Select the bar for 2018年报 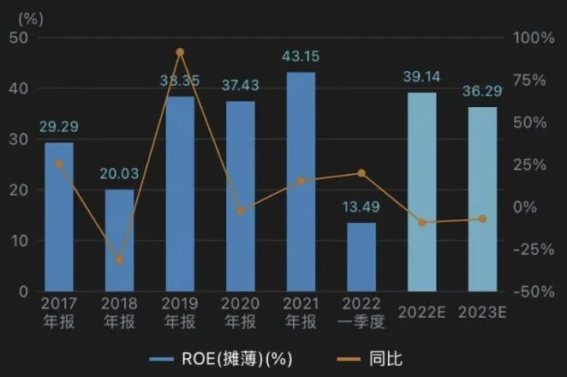pyautogui.click(x=120, y=240)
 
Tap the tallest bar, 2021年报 pyautogui.click(x=301, y=182)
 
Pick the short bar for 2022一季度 pyautogui.click(x=361, y=256)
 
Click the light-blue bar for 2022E pyautogui.click(x=421, y=192)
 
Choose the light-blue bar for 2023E pyautogui.click(x=482, y=199)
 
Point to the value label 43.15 pyautogui.click(x=301, y=56)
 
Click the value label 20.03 pyautogui.click(x=120, y=173)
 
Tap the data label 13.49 pyautogui.click(x=361, y=206)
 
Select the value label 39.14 pyautogui.click(x=421, y=76)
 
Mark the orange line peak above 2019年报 pyautogui.click(x=180, y=52)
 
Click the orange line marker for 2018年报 pyautogui.click(x=120, y=260)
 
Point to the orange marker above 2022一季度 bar pyautogui.click(x=361, y=173)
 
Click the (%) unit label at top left pyautogui.click(x=21, y=17)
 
